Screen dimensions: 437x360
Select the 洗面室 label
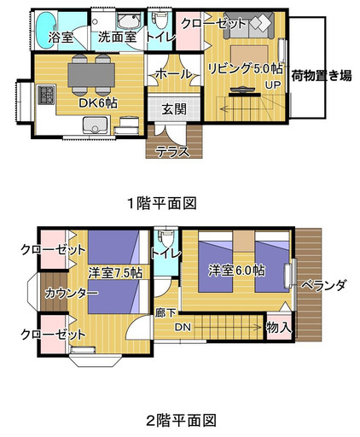pos(117,37)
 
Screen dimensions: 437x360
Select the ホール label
pos(172,75)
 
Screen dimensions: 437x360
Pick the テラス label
pos(172,151)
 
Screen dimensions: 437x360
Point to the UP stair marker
pos(273,85)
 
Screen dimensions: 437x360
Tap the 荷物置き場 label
pos(321,74)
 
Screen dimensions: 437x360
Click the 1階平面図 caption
pos(163,203)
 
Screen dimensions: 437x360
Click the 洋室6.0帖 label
pos(236,271)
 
